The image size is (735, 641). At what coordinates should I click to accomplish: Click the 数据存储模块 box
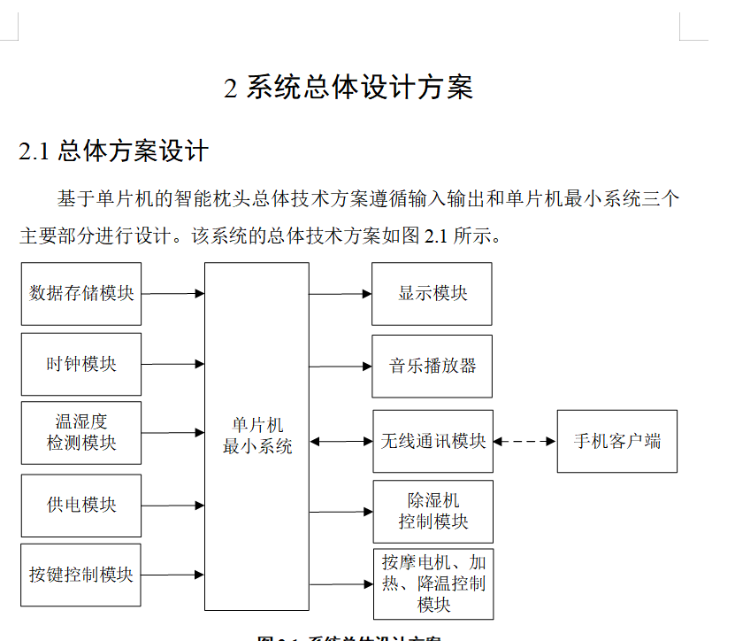coord(81,293)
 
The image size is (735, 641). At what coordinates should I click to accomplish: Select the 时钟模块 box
coord(81,364)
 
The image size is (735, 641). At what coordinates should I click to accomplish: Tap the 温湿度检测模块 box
coord(81,432)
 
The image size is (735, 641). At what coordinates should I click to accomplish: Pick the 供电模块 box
coord(81,506)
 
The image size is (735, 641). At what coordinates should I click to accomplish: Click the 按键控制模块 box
coord(81,575)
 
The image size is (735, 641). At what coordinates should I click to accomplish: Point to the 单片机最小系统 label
coord(256,436)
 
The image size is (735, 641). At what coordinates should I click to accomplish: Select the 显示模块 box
coord(433,293)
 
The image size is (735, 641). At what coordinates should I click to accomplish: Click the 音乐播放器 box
coord(433,366)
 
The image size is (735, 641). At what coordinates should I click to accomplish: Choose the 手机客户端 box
coord(616,441)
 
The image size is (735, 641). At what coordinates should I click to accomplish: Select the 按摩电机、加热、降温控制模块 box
coord(433,583)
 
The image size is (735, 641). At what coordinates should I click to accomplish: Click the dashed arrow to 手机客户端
coord(524,441)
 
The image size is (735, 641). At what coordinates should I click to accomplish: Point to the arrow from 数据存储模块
coord(172,293)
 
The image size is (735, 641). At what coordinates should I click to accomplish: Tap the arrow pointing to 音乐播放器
coord(341,366)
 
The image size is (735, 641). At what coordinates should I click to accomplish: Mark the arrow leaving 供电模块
coord(172,506)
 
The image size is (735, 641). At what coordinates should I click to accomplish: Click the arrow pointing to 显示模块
coord(341,293)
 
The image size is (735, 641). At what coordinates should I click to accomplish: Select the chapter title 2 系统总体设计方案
coord(349,88)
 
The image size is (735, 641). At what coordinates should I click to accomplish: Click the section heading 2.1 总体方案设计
coord(113,151)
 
